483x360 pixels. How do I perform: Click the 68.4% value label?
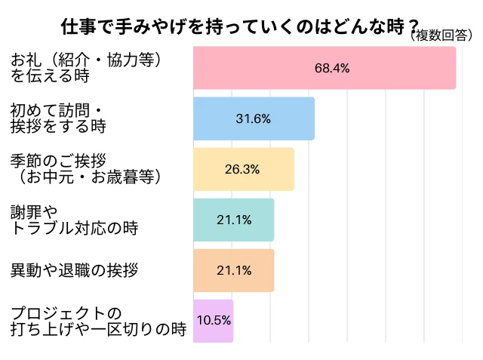[x=332, y=68]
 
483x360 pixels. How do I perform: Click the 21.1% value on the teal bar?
[x=233, y=220]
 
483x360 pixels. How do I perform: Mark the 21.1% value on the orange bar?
[x=233, y=270]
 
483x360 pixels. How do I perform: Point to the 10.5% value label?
[x=214, y=319]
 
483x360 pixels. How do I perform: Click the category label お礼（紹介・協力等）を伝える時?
[x=87, y=67]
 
